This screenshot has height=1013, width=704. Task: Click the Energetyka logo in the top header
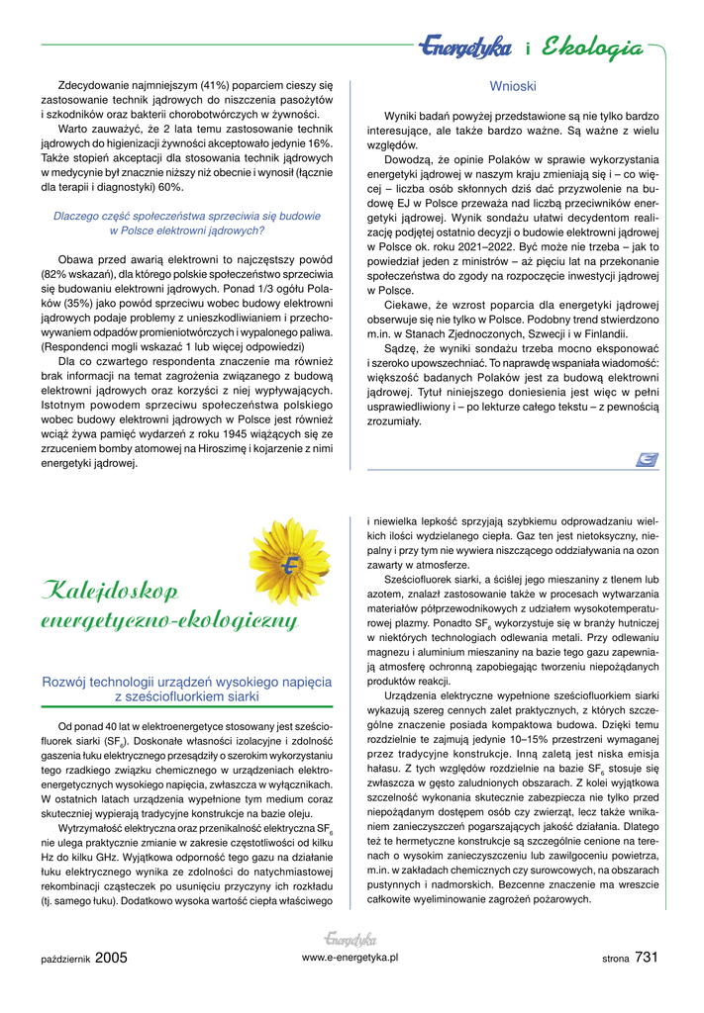tap(463, 46)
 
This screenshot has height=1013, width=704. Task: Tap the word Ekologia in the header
tap(593, 46)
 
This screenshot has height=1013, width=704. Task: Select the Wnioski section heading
tap(513, 86)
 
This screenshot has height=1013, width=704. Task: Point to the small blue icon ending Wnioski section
tap(649, 457)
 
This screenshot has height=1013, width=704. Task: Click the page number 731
tap(648, 957)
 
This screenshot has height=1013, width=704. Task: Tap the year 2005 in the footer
tap(112, 957)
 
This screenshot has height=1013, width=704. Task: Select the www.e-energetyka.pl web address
tap(350, 958)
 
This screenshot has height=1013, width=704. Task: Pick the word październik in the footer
tap(66, 959)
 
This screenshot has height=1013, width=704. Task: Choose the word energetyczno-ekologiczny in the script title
tap(168, 621)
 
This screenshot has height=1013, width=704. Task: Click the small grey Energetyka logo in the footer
tap(350, 939)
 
